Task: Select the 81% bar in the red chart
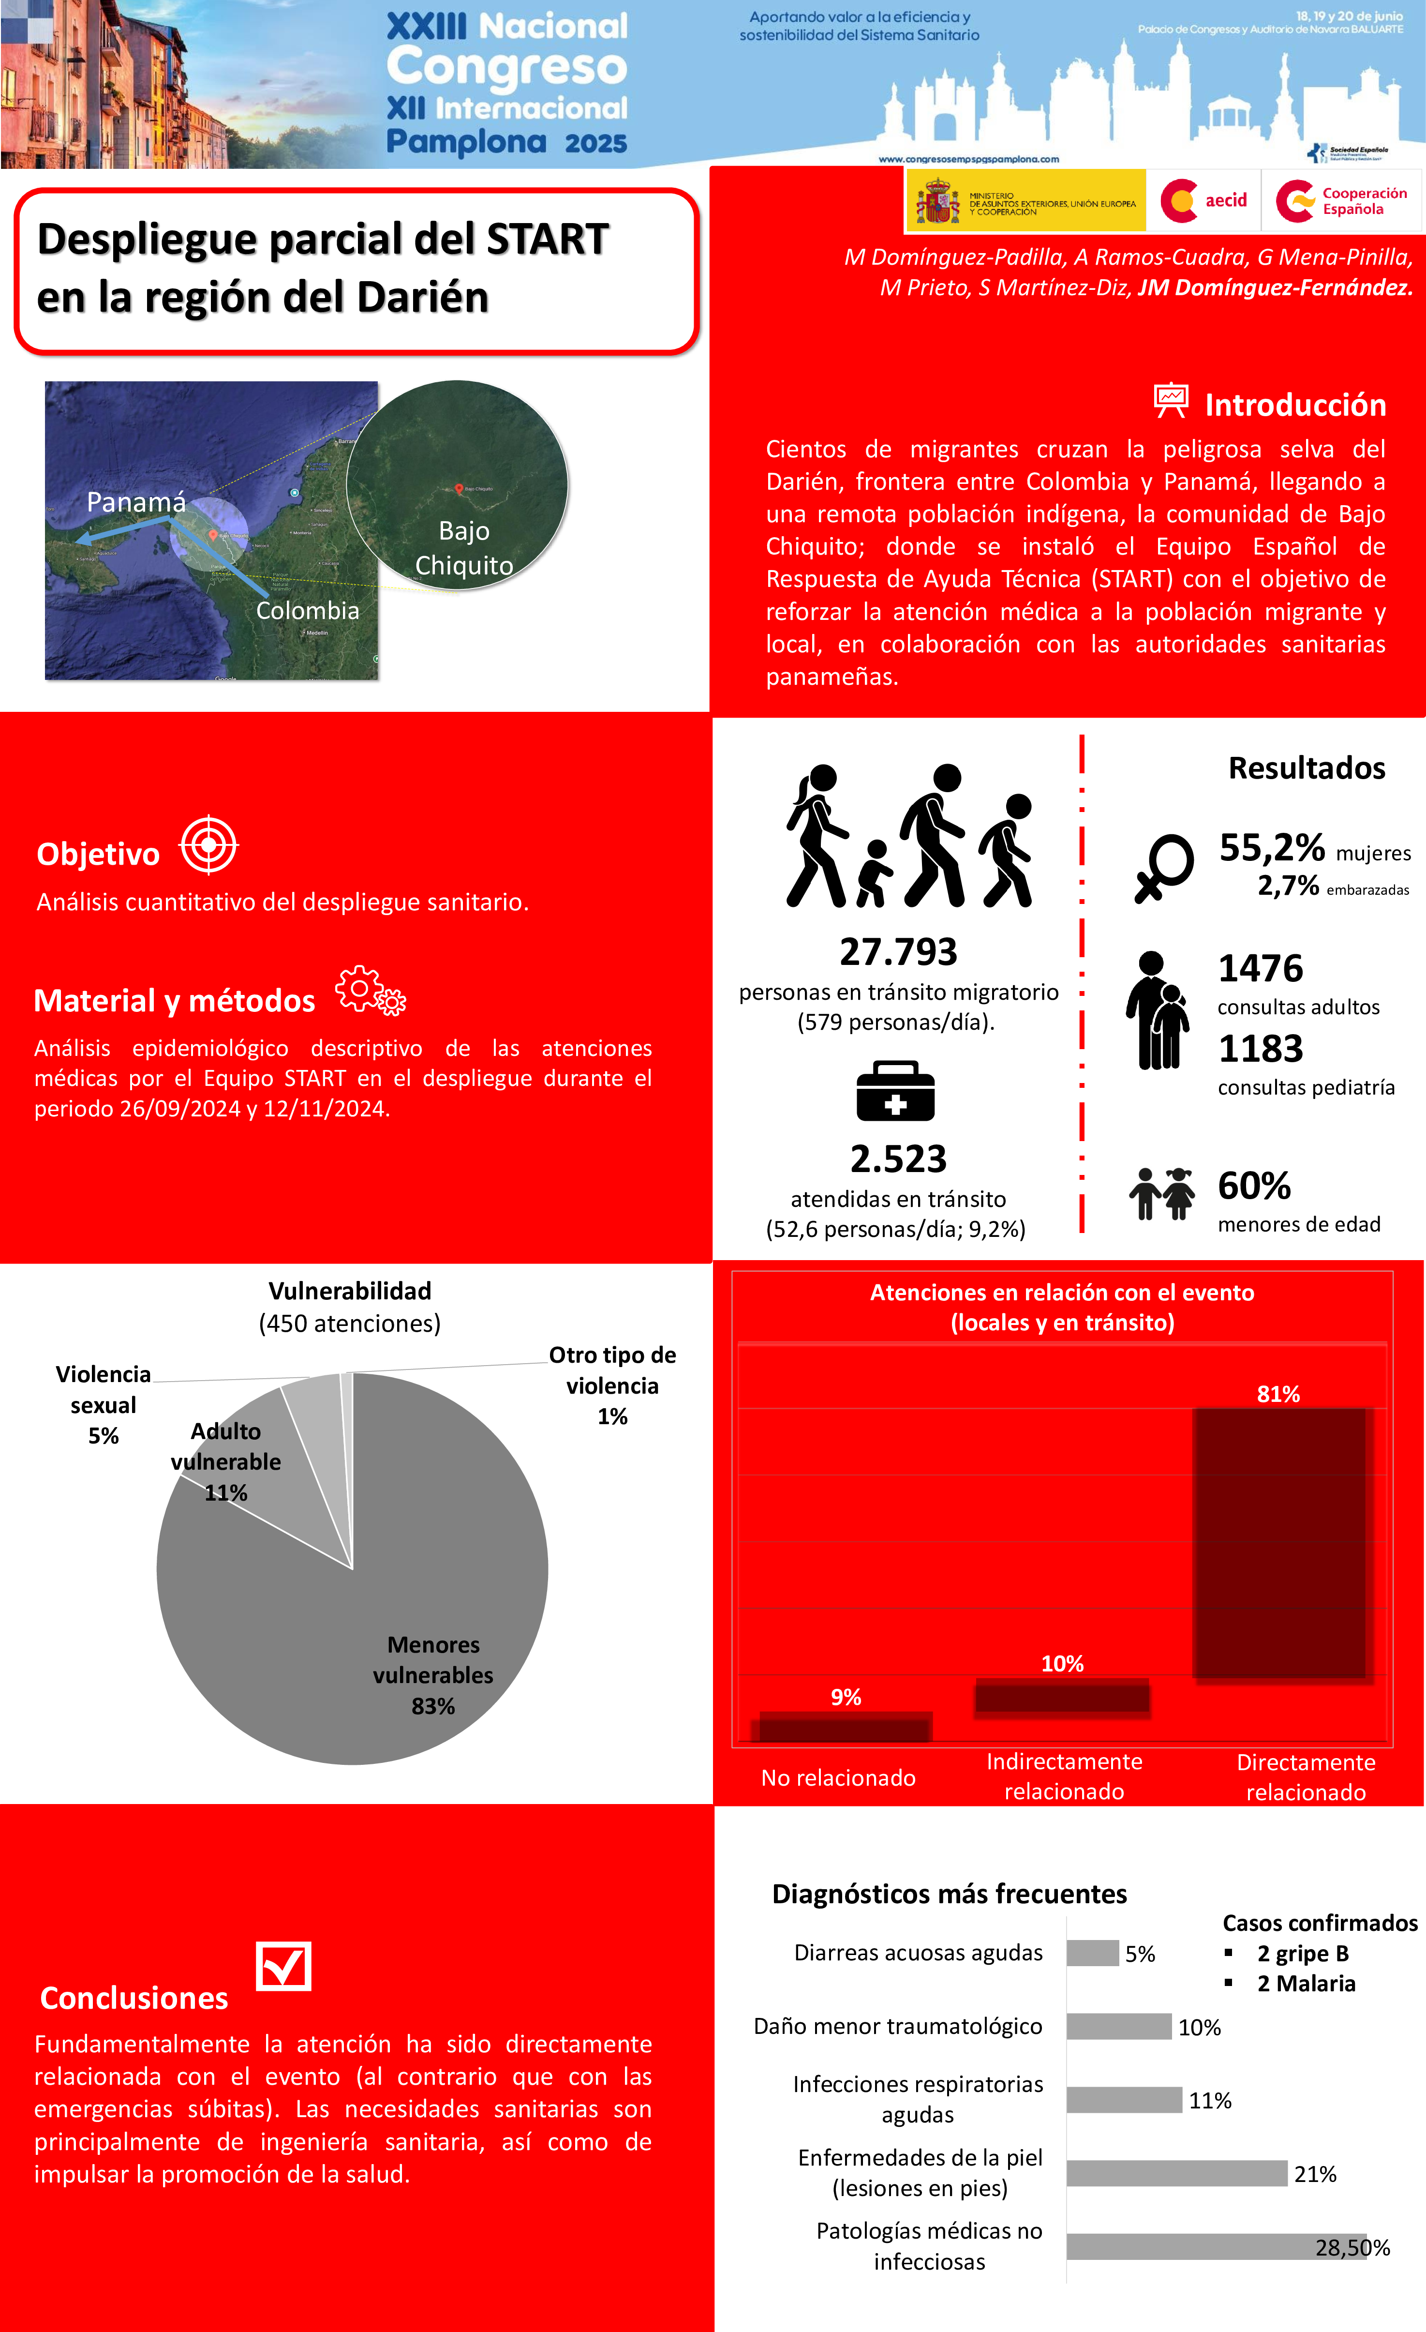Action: pyautogui.click(x=1278, y=1543)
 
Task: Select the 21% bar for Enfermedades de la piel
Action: pyautogui.click(x=1176, y=2173)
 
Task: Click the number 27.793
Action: pyautogui.click(x=898, y=952)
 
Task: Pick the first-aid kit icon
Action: pyautogui.click(x=895, y=1091)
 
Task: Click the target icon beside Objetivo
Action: pyautogui.click(x=209, y=844)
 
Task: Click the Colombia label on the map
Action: pyautogui.click(x=308, y=610)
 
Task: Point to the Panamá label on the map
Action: pyautogui.click(x=136, y=503)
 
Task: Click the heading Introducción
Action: pyautogui.click(x=1294, y=405)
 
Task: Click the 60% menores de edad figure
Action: pyautogui.click(x=1254, y=1186)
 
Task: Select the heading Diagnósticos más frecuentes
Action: pyautogui.click(x=949, y=1894)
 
